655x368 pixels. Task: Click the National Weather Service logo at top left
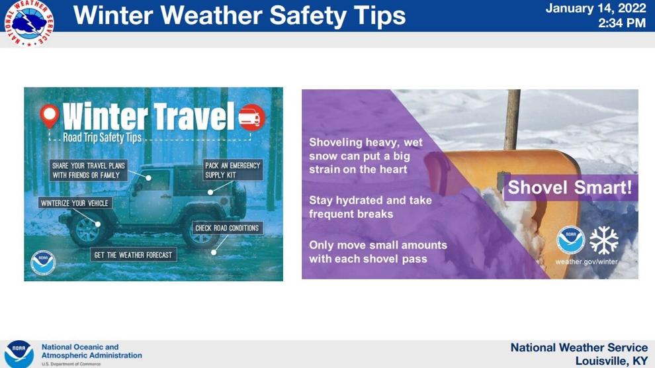tap(28, 23)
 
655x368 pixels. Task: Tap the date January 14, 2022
tap(595, 9)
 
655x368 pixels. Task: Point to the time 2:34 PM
tap(622, 23)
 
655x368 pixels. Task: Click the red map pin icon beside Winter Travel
tap(50, 116)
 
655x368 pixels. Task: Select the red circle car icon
tap(251, 117)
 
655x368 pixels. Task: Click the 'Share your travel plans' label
tap(88, 170)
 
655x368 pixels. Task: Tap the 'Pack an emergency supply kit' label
tap(233, 169)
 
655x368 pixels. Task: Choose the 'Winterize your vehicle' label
tap(75, 203)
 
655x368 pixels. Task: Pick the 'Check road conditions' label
tap(227, 228)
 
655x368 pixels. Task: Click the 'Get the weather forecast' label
tap(133, 255)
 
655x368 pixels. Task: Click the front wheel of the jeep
tap(88, 229)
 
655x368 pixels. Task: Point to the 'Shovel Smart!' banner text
tap(570, 187)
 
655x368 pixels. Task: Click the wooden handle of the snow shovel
tap(512, 119)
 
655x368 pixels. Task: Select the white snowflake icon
tap(603, 240)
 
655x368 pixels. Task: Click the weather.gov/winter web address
tap(586, 262)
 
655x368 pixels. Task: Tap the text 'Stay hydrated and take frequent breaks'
tap(370, 207)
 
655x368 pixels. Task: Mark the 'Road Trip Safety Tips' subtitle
tap(103, 138)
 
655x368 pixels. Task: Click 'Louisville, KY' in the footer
tap(611, 361)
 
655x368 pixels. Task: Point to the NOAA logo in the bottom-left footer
tap(19, 354)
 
